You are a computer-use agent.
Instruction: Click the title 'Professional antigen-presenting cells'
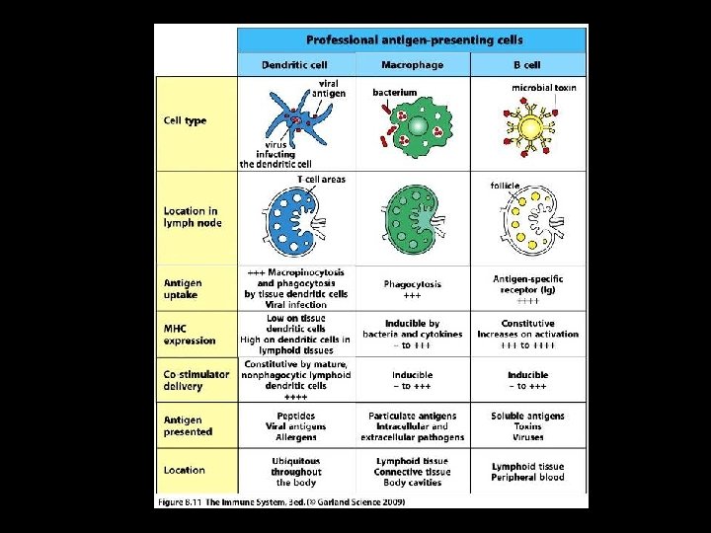(414, 40)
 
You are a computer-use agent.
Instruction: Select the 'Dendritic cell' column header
(294, 65)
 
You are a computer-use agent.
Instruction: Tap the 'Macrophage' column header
(412, 65)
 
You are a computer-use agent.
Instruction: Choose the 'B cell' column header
(528, 65)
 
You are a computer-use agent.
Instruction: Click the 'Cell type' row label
(185, 121)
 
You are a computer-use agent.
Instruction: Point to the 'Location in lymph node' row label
(193, 216)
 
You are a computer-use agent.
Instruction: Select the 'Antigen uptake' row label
(182, 289)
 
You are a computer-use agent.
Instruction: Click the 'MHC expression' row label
(190, 335)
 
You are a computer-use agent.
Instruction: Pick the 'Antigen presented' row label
(188, 425)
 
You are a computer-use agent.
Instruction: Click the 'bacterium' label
(394, 93)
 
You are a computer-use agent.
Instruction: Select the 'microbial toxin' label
(544, 88)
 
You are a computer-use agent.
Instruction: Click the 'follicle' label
(505, 186)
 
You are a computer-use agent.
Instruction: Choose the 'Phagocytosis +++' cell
(412, 289)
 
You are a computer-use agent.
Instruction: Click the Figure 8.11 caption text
(280, 501)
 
